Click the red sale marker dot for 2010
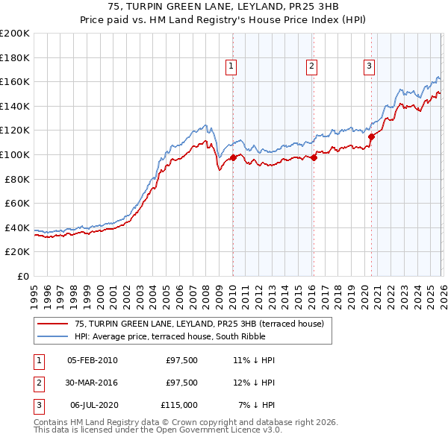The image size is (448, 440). [233, 157]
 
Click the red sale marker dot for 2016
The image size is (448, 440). [314, 157]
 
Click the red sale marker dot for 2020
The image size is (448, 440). [371, 136]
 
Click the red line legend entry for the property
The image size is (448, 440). [199, 324]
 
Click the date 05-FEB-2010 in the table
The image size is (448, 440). [92, 360]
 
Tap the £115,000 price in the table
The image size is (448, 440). [179, 405]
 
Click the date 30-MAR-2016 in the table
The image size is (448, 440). [92, 383]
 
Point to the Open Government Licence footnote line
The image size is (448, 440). [158, 430]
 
